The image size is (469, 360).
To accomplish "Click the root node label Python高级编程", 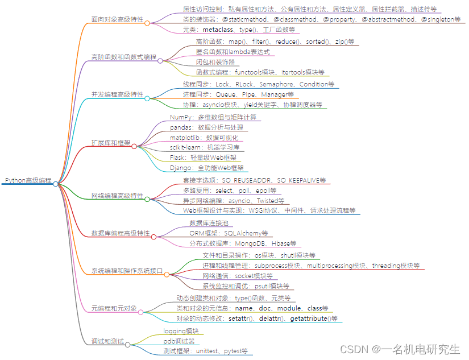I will (x=28, y=180).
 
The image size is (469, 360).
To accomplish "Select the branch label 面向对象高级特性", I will (x=118, y=19).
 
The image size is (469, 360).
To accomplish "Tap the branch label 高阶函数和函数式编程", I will (x=123, y=57).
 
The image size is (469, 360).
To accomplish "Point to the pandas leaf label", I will (x=206, y=127).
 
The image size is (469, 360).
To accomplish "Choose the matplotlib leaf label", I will (x=206, y=138).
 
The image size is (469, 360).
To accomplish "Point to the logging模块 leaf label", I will (x=181, y=331).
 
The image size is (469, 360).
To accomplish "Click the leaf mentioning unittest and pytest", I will (x=205, y=351).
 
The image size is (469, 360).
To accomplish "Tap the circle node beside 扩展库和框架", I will (x=134, y=146).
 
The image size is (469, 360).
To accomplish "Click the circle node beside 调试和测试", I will (x=128, y=345).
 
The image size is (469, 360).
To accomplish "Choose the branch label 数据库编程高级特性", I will (x=121, y=233).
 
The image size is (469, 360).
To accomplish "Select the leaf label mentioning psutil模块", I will (x=246, y=286).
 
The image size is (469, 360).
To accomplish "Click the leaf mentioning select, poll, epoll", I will (x=229, y=191).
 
